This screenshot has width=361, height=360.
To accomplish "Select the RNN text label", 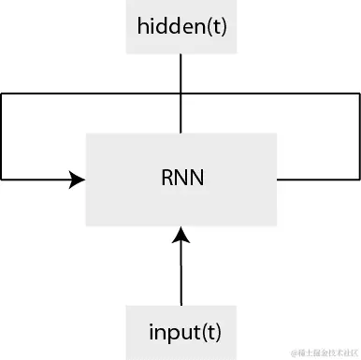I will [x=180, y=178].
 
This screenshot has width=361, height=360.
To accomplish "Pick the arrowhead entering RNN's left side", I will [x=77, y=178].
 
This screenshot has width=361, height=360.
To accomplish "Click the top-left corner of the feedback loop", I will [x=2, y=94].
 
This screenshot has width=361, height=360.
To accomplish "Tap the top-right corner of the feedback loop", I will [x=359, y=94].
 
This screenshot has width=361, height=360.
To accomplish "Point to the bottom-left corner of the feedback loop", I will [x=2, y=178].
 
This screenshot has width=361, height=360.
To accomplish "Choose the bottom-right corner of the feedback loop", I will [x=359, y=178].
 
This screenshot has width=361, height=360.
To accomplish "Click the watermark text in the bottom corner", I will [x=324, y=352].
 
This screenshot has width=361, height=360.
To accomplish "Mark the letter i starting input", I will [x=152, y=331].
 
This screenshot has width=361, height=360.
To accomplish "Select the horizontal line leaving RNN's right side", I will [x=318, y=178].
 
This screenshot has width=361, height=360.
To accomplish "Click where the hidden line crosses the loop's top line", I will [x=180, y=94].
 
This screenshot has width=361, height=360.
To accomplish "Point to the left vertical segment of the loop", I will [x=2, y=136].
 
